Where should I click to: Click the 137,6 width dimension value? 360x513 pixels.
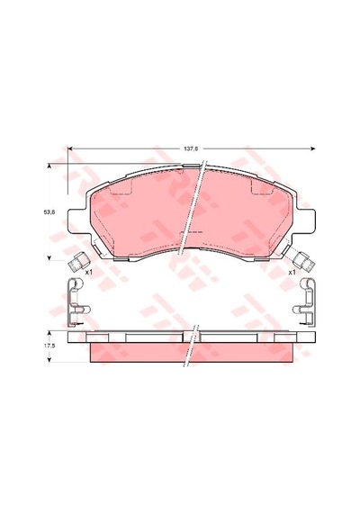(191, 148)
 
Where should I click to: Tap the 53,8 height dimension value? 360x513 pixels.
(49, 211)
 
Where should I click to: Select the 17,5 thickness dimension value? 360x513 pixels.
(49, 346)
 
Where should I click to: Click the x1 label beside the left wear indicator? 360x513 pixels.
(89, 272)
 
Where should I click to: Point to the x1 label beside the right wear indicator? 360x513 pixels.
(292, 272)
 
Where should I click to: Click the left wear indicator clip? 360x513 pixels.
(77, 261)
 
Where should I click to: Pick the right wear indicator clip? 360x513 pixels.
(304, 261)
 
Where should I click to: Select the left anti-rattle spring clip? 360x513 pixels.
(78, 302)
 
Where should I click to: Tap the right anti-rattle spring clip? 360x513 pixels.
(304, 302)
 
